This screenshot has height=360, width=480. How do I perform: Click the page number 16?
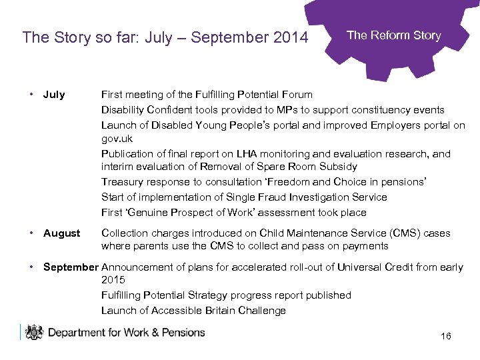click(x=446, y=336)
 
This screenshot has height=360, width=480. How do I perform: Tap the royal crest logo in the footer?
click(x=33, y=332)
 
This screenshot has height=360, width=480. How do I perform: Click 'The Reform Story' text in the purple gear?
click(x=394, y=35)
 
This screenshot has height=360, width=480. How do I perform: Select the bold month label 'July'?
click(x=54, y=95)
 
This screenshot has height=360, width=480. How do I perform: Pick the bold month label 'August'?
click(x=61, y=233)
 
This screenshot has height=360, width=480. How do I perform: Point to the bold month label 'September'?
click(x=71, y=267)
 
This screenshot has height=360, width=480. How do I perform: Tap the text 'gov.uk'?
click(x=117, y=139)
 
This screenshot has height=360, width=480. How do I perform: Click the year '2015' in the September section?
click(x=113, y=280)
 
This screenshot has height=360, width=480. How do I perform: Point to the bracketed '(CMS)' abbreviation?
click(x=397, y=233)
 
